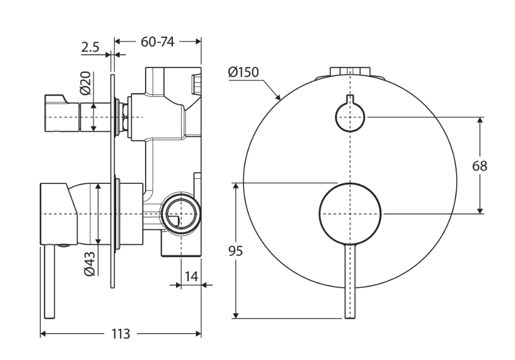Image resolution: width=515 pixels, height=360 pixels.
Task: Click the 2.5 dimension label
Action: click(x=90, y=48)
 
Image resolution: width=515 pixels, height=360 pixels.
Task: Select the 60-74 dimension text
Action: click(x=157, y=42)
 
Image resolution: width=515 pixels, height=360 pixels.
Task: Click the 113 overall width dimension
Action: click(x=120, y=334)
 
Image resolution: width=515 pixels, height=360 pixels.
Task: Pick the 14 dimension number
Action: click(x=191, y=276)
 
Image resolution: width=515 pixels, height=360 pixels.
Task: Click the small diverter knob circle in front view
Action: click(x=350, y=117)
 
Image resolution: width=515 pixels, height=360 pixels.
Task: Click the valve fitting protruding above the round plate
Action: click(x=350, y=73)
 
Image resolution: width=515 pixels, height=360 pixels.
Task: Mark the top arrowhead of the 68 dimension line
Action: click(x=480, y=120)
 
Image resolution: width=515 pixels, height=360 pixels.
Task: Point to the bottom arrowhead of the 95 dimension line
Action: click(x=236, y=315)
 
